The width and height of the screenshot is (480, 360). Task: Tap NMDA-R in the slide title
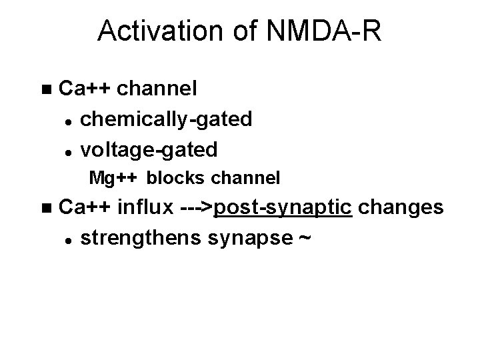325,32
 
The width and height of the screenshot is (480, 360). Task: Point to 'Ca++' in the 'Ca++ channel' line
85,88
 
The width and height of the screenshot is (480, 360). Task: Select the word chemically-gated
166,119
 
